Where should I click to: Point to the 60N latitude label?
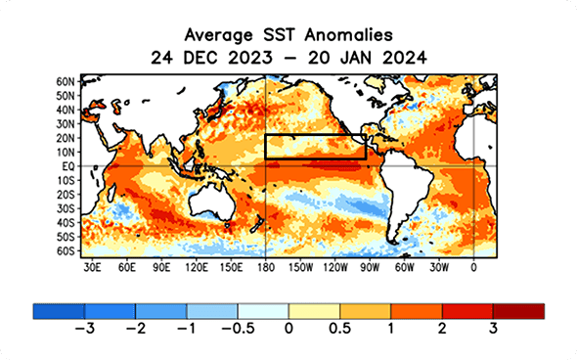(x=67, y=81)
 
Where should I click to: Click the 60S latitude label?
(x=67, y=251)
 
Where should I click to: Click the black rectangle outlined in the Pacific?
(x=315, y=146)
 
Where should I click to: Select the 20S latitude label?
(x=67, y=195)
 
